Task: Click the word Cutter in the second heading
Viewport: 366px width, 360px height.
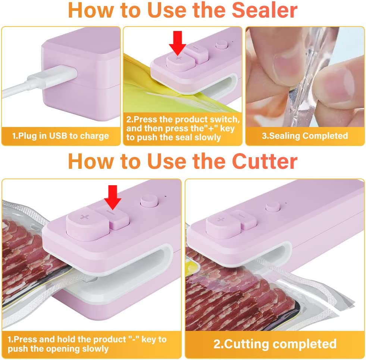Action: pyautogui.click(x=265, y=162)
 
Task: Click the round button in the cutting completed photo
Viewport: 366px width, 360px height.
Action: pyautogui.click(x=272, y=207)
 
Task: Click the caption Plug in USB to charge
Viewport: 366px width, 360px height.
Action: pyautogui.click(x=60, y=136)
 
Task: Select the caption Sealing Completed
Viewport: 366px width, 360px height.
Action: pyautogui.click(x=304, y=136)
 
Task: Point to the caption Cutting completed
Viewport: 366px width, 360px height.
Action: pyautogui.click(x=275, y=344)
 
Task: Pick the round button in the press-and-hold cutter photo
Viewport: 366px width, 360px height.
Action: pyautogui.click(x=147, y=201)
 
